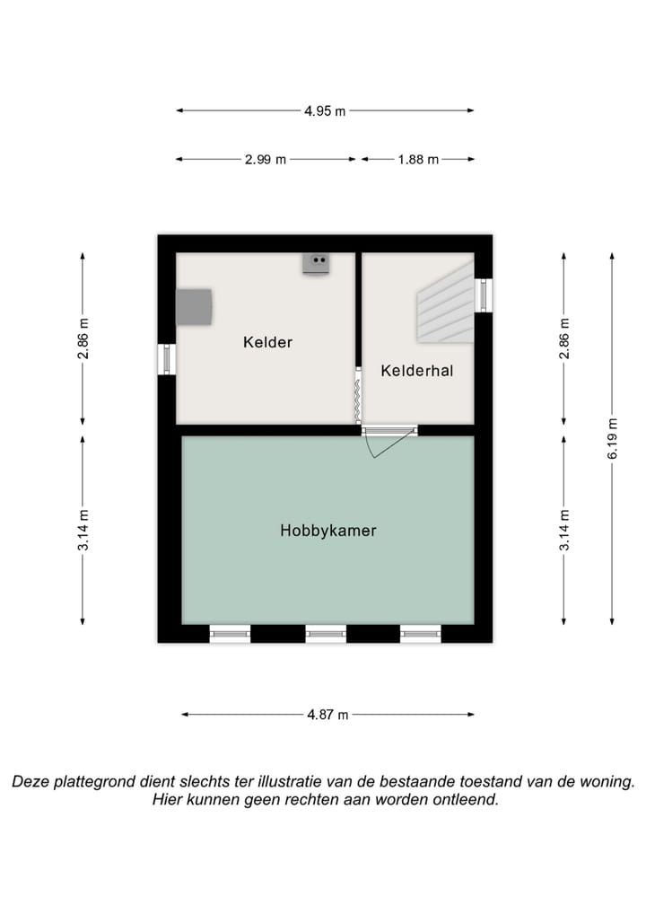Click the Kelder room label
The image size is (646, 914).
[x=267, y=342]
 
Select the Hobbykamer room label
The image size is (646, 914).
[x=327, y=531]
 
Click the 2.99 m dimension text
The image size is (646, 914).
[x=266, y=160]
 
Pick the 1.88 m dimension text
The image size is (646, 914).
[x=418, y=160]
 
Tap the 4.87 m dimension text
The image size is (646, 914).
[x=327, y=715]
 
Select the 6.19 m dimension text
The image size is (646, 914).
[x=613, y=439]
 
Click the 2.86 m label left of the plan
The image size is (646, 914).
[x=83, y=339]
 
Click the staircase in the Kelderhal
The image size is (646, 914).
[x=445, y=308]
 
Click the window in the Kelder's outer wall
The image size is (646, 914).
[x=167, y=359]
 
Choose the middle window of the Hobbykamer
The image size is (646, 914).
[x=326, y=634]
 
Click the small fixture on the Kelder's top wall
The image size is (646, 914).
[x=316, y=263]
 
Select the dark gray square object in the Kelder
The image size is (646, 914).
[x=194, y=307]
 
